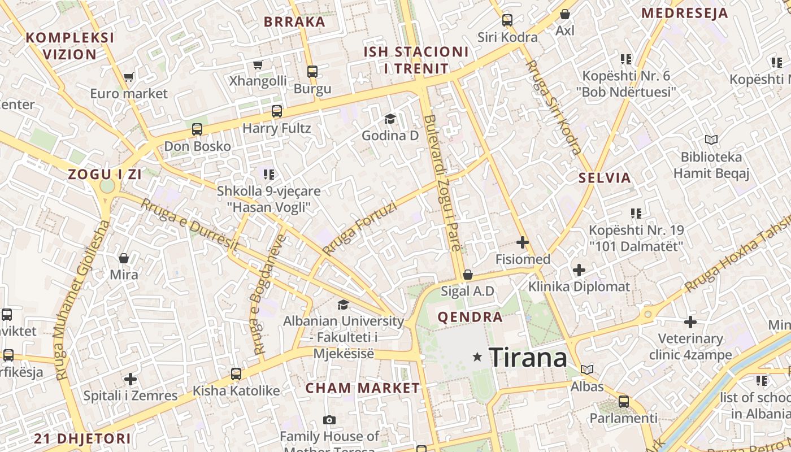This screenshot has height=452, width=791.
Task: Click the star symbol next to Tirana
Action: click(x=477, y=357)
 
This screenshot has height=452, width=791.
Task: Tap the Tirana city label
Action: click(x=528, y=358)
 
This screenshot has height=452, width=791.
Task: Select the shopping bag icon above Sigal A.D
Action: click(x=468, y=275)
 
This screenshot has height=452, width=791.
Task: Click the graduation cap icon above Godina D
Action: click(x=390, y=119)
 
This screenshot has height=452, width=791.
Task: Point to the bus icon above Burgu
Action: click(x=312, y=72)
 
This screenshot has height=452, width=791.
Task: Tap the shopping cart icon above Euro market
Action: click(x=129, y=77)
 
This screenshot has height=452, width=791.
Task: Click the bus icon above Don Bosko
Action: click(x=197, y=129)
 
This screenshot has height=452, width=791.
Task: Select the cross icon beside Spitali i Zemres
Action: click(x=131, y=379)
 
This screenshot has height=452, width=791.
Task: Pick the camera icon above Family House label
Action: click(x=329, y=420)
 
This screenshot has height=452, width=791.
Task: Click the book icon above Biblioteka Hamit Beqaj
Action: click(x=711, y=140)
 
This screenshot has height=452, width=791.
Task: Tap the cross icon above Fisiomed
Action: click(x=523, y=243)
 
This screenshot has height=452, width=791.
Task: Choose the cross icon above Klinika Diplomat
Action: click(x=579, y=270)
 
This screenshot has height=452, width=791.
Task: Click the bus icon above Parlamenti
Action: click(x=624, y=402)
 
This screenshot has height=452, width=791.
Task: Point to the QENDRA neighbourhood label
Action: click(x=470, y=317)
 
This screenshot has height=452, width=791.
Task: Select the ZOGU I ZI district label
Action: click(x=105, y=175)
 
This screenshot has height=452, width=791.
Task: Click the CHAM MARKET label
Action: click(x=363, y=388)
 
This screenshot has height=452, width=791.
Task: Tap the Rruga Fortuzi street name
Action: click(x=360, y=229)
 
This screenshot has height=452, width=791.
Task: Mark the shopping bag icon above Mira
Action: click(x=124, y=258)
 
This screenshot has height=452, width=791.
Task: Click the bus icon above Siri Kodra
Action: click(x=507, y=20)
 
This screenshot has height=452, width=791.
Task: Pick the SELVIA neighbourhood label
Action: click(x=604, y=178)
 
